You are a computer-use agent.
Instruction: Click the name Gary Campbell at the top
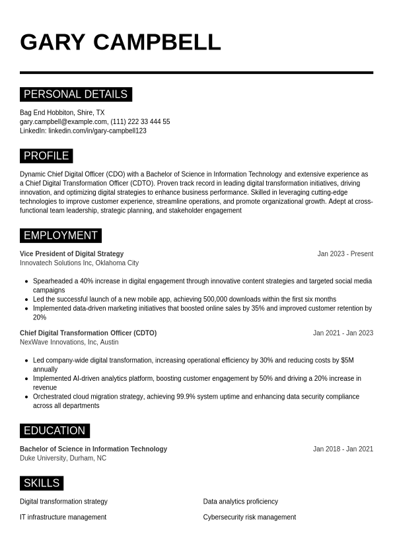[120, 42]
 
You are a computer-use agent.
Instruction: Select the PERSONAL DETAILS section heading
[75, 94]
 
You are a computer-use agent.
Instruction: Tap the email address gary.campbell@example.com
[63, 122]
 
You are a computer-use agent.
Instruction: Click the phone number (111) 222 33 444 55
[140, 122]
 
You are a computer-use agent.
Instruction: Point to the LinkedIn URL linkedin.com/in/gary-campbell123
[97, 131]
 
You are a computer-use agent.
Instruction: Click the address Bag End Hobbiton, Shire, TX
[62, 113]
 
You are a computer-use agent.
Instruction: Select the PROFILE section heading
[46, 156]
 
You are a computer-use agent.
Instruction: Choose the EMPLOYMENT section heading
[60, 236]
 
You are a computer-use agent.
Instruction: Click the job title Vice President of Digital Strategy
[71, 254]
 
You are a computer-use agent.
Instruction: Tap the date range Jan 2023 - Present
[345, 254]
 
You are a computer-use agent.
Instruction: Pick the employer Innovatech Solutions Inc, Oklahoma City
[79, 263]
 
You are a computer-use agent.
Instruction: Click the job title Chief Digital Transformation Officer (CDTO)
[88, 333]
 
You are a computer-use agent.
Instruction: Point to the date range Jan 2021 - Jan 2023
[343, 333]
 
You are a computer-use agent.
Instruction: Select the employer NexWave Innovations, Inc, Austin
[69, 343]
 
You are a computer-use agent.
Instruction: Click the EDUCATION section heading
[54, 431]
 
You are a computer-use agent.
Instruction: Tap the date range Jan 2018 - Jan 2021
[343, 449]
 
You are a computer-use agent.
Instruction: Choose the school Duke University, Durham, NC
[63, 458]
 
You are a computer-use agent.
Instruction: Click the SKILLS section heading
[42, 483]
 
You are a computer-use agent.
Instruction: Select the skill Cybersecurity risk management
[249, 517]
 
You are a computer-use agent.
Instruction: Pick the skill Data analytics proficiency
[240, 502]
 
